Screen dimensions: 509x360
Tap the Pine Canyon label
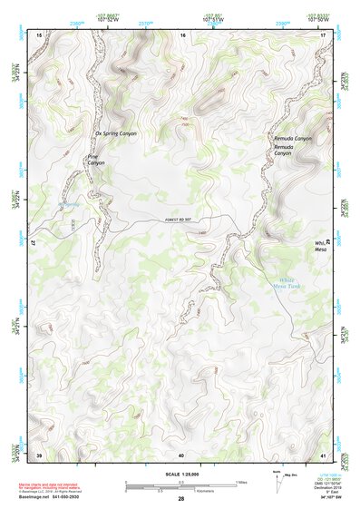[95, 159]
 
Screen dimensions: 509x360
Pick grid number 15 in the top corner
[39, 34]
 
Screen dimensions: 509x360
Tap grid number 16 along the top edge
[183, 34]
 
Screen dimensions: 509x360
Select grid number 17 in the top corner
[323, 34]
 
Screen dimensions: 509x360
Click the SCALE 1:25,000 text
[180, 475]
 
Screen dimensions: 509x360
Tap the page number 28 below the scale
[180, 499]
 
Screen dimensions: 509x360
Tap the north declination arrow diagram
[277, 480]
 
